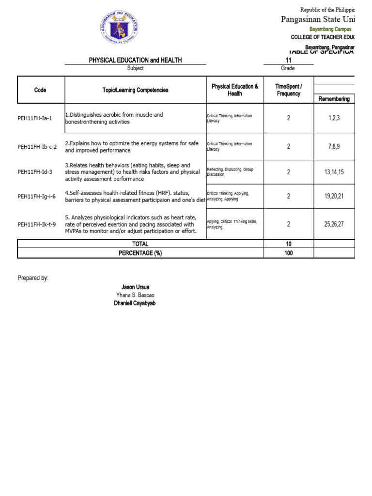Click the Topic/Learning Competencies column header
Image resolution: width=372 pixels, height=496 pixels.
tap(136, 90)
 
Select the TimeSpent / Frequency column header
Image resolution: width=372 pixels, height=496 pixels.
tap(289, 90)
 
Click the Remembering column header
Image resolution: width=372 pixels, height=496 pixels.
tap(334, 99)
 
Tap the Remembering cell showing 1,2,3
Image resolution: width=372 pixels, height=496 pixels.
tap(334, 118)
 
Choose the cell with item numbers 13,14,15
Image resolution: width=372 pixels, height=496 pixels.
tap(334, 172)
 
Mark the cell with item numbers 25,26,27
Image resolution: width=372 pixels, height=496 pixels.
tap(334, 224)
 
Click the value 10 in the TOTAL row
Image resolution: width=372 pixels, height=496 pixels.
tap(289, 244)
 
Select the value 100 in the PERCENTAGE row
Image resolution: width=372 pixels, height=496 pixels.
tap(289, 253)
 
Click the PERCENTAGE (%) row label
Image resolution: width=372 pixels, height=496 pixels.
tap(140, 253)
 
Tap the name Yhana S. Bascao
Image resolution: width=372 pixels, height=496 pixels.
tap(135, 295)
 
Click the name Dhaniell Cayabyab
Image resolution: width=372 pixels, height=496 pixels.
tap(135, 303)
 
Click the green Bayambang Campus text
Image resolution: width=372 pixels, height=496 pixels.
tap(331, 30)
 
